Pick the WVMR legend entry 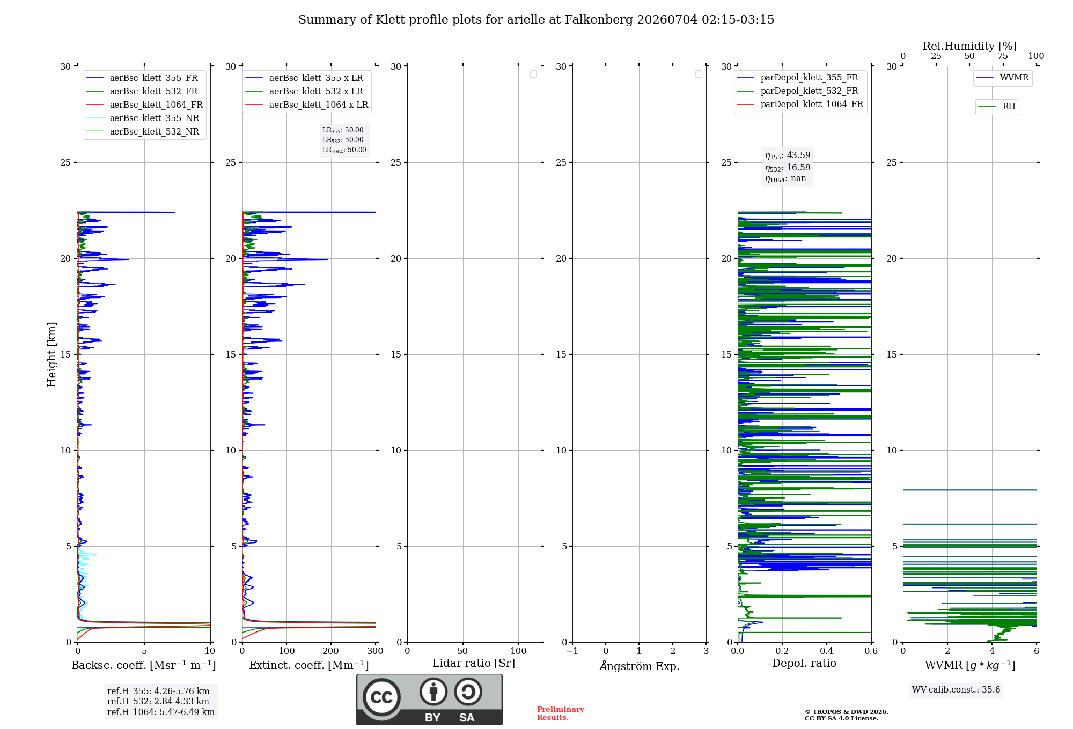1002,78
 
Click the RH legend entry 997,107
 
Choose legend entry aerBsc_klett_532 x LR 304,92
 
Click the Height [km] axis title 52,354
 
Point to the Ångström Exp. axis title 640,666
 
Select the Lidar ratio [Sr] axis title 474,664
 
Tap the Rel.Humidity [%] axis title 969,46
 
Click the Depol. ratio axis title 804,663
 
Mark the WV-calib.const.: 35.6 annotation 956,690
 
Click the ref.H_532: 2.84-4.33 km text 158,702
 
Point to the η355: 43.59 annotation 788,155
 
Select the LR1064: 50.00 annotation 344,150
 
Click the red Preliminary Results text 561,713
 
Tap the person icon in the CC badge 433,691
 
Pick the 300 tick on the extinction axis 376,651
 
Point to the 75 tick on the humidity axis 1003,56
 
